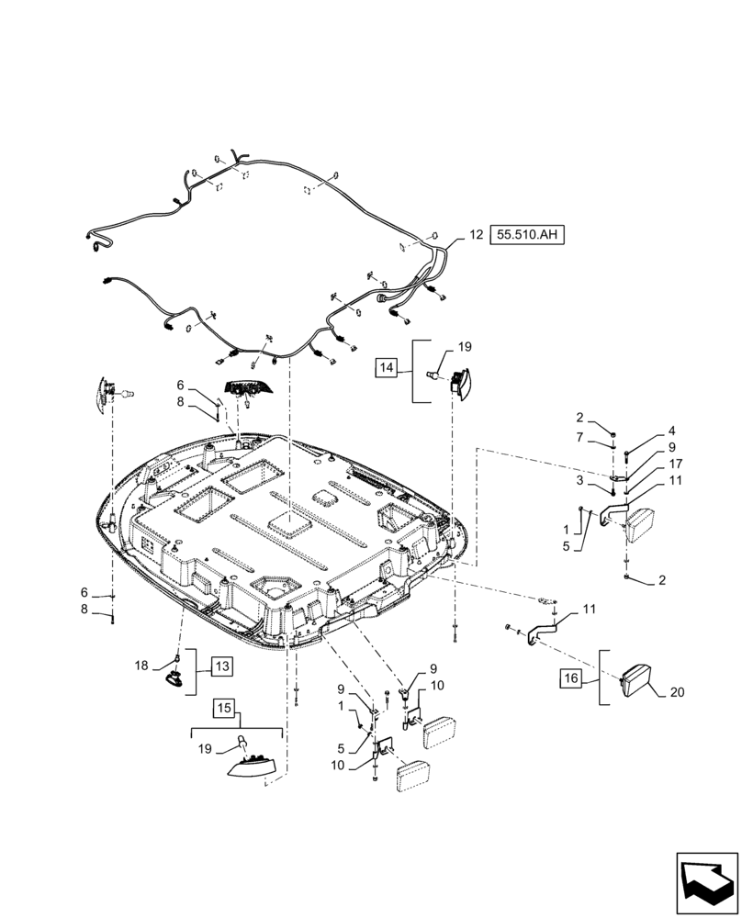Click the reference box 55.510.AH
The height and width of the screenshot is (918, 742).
528,235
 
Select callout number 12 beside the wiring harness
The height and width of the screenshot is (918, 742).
476,235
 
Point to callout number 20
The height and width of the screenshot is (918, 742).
676,692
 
